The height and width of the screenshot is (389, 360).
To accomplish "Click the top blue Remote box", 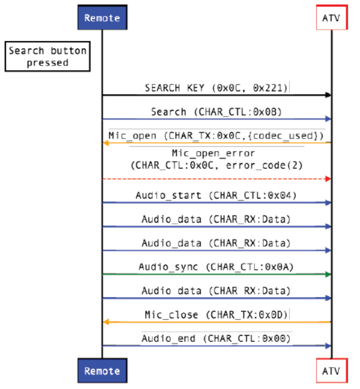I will click(x=102, y=18).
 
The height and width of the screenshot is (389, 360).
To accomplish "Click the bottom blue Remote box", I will click(x=102, y=371).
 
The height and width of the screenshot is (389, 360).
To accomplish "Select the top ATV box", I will click(x=331, y=18).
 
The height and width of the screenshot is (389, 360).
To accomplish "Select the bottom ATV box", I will click(x=331, y=371).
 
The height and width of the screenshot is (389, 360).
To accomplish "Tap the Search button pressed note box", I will click(x=47, y=57).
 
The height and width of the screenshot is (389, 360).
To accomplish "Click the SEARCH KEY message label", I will click(x=216, y=88).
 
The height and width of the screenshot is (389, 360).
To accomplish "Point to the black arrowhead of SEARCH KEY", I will click(x=328, y=95).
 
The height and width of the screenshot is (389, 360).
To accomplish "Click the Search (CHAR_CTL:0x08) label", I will click(x=216, y=112).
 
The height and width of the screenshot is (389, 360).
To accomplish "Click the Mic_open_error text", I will click(x=217, y=154).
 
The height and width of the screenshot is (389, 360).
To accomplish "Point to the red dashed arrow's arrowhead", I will click(x=328, y=179).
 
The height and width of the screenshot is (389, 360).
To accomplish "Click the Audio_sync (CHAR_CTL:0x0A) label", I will click(x=216, y=267).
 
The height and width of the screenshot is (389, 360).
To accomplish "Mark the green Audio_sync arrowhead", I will click(x=328, y=274).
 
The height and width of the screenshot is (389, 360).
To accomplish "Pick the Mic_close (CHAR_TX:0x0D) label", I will click(x=216, y=315).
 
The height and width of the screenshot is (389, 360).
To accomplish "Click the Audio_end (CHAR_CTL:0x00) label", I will click(x=216, y=338).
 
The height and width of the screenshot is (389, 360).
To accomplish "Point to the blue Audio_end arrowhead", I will click(x=328, y=345).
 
